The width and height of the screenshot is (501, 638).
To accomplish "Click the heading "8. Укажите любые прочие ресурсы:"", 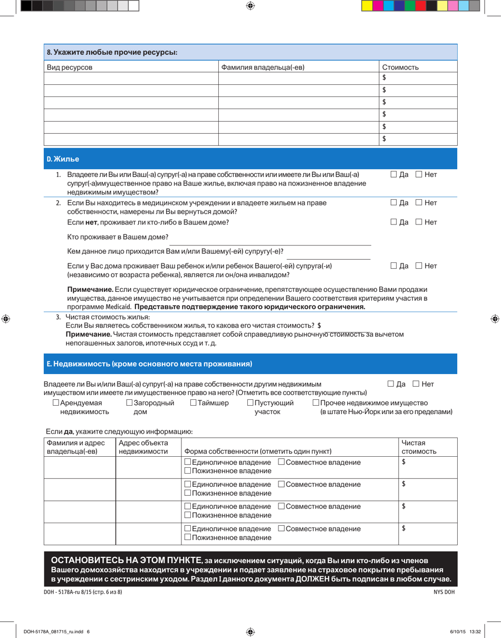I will coord(112,52).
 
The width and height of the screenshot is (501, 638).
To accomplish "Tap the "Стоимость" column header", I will coord(400,67).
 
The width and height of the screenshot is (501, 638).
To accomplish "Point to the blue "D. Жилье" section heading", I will coord(63,159).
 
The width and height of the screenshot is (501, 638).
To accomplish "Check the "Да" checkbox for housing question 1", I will coord(394,174).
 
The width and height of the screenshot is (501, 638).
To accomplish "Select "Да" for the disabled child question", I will coord(394,266).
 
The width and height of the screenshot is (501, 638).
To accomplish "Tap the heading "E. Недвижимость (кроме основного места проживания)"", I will coord(149,364).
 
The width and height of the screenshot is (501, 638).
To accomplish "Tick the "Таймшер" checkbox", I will coord(193,403).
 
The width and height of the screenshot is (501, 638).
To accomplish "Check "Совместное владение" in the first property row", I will coord(282,462).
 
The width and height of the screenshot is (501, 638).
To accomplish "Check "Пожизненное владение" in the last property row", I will coord(188,537).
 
